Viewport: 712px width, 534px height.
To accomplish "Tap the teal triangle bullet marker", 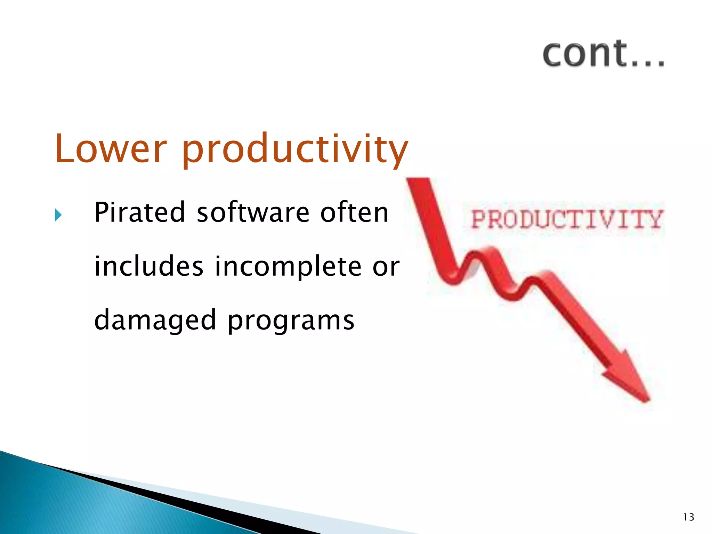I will [x=58, y=215].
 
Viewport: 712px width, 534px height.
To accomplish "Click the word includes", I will [x=149, y=266].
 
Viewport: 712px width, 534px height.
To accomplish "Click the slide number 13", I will [x=688, y=517].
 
